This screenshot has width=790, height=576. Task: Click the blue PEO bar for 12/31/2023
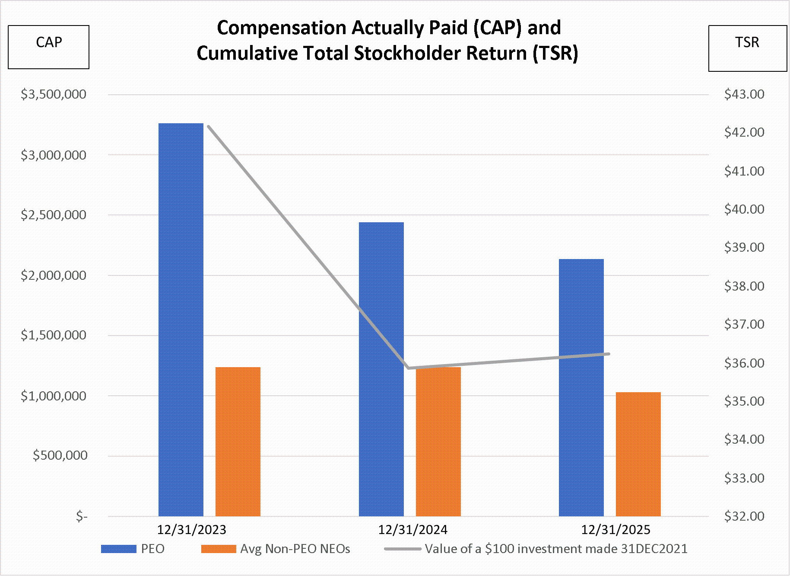click(x=181, y=320)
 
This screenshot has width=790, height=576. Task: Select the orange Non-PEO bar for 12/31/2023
click(x=238, y=441)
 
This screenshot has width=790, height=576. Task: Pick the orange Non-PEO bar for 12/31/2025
click(x=638, y=454)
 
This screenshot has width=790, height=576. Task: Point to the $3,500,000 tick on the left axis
click(x=54, y=94)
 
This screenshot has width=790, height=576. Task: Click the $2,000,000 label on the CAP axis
click(x=54, y=275)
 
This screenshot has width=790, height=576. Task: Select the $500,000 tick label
click(x=60, y=455)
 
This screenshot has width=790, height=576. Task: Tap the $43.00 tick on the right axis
click(x=744, y=94)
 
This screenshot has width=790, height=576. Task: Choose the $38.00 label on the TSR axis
click(x=744, y=286)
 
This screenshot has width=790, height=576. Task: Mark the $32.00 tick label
click(x=744, y=516)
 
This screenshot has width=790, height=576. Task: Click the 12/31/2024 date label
click(x=412, y=530)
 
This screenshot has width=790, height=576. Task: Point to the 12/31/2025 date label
click(x=616, y=530)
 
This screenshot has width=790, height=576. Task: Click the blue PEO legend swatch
click(x=119, y=549)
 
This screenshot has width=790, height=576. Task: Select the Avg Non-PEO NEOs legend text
click(x=295, y=549)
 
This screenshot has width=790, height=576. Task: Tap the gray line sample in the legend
click(x=403, y=549)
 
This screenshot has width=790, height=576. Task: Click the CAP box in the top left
click(x=49, y=47)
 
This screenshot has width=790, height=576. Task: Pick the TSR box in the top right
click(x=747, y=48)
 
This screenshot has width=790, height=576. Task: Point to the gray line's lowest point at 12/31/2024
click(x=409, y=368)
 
